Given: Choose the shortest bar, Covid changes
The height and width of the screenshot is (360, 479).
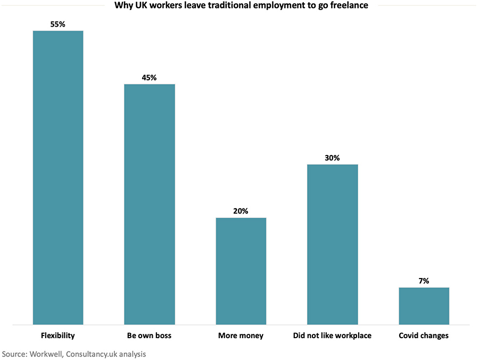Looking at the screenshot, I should coord(424,306).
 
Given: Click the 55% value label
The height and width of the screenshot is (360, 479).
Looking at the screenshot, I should coord(58,24).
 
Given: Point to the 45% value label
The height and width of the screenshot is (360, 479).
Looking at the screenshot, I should coord(150,77).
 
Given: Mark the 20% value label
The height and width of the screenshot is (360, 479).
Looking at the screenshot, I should coord(241,211).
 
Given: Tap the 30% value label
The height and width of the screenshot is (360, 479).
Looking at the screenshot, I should coord(333,158).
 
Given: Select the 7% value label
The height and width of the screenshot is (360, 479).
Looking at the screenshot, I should coord(424,281).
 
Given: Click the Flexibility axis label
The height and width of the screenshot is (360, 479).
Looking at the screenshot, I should coord(58,336).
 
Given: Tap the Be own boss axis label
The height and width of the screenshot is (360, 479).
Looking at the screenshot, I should coord(149,336).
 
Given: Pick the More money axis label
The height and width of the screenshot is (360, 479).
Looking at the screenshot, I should coord(241,336).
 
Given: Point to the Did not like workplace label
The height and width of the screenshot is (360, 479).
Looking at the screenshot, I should coord(332,336).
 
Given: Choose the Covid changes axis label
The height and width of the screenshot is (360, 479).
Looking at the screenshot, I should coord(424,336).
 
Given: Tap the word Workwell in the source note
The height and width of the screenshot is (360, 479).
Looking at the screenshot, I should coord(46,354).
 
